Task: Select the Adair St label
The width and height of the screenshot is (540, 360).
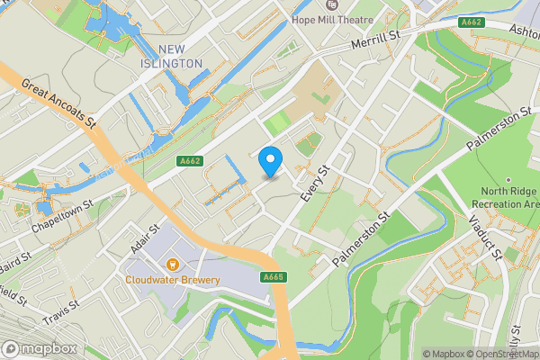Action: [x=145, y=239]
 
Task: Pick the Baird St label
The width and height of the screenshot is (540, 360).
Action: [x=15, y=264]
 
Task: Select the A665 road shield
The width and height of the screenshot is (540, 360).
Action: [x=274, y=277]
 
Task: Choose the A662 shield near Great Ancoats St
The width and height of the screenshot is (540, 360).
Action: [x=190, y=161]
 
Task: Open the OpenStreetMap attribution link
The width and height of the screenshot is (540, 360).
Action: [x=500, y=354]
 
